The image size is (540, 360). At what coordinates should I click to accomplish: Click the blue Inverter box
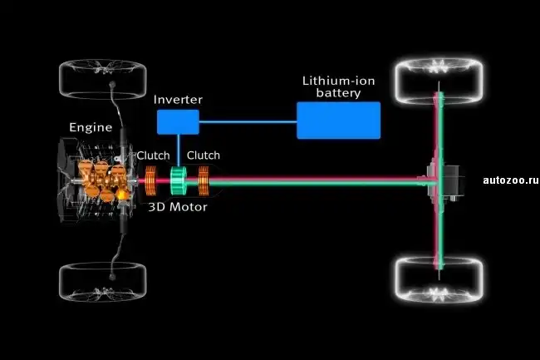(x=178, y=121)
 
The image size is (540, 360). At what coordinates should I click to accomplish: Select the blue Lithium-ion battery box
(x=338, y=121)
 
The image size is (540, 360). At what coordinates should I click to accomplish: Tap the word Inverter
(x=179, y=100)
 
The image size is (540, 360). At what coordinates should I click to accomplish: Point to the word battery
(x=339, y=94)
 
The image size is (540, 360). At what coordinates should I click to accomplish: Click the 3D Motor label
(x=177, y=206)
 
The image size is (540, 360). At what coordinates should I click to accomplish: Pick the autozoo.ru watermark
(x=510, y=179)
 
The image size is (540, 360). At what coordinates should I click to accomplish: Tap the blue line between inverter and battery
(x=248, y=121)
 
